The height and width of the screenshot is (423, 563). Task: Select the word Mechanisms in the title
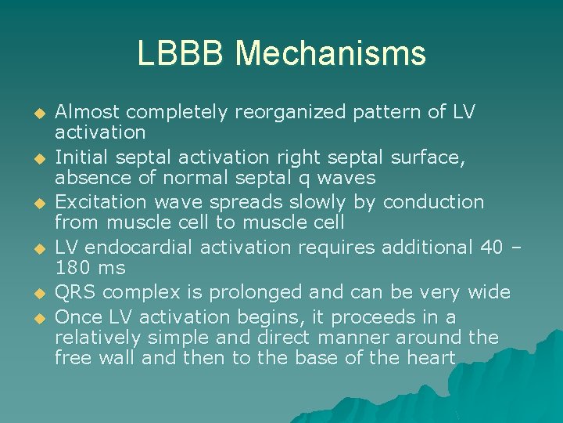point(331,53)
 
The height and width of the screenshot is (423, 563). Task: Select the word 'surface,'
point(429,158)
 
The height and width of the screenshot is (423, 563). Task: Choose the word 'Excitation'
point(99,203)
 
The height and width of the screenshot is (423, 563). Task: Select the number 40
point(490,248)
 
